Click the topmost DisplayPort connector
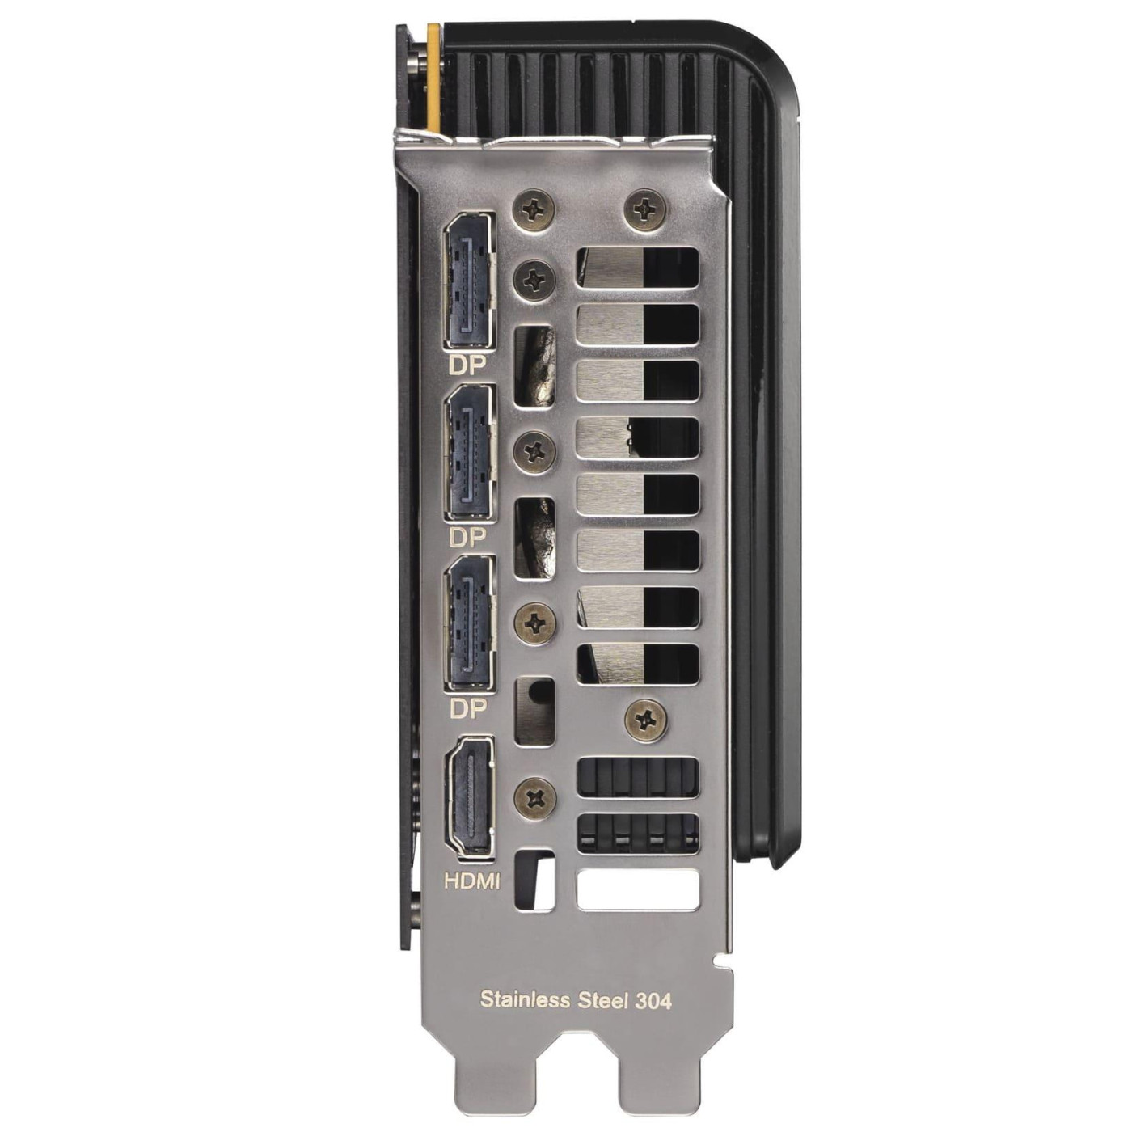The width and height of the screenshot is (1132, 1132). point(468,282)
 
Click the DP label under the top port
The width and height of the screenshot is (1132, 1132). point(467,366)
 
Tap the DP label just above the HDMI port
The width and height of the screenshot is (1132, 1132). point(468,709)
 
